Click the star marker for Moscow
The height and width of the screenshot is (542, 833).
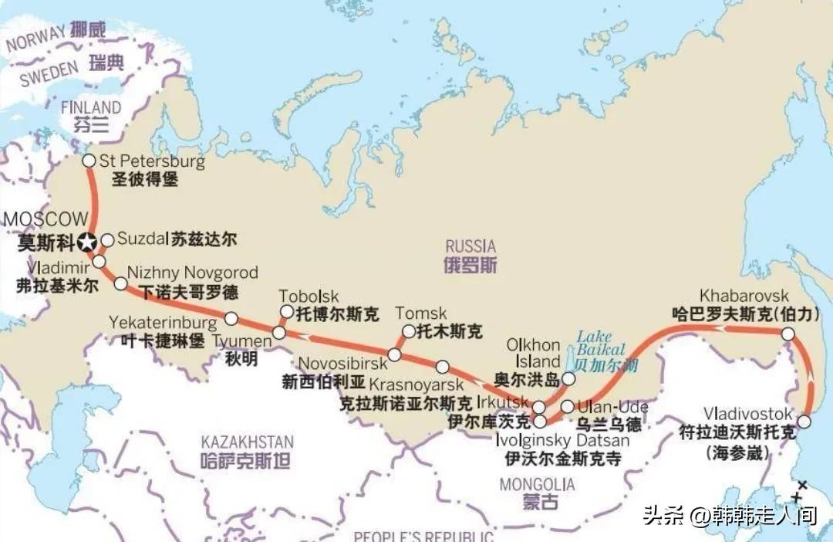coord(87,242)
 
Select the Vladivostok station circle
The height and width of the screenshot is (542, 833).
coord(804,422)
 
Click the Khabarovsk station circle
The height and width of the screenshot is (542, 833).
coord(787,334)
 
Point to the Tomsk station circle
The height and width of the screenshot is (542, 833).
coord(408,331)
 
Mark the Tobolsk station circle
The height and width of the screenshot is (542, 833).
coord(286,311)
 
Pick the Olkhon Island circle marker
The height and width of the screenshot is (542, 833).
coord(568,378)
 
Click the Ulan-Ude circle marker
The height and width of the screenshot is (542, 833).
coord(567,406)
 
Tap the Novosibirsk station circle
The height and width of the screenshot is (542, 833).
coord(394,354)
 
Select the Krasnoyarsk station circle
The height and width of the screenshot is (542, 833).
coord(442,367)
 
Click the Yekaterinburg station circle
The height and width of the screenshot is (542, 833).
coord(231,317)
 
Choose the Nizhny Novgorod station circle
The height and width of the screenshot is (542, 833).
coord(120,283)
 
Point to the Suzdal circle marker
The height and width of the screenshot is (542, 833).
coord(107,240)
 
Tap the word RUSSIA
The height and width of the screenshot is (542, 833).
coord(470,246)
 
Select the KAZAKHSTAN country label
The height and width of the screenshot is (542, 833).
coord(247,442)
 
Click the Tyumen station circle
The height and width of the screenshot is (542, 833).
coord(278,334)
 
